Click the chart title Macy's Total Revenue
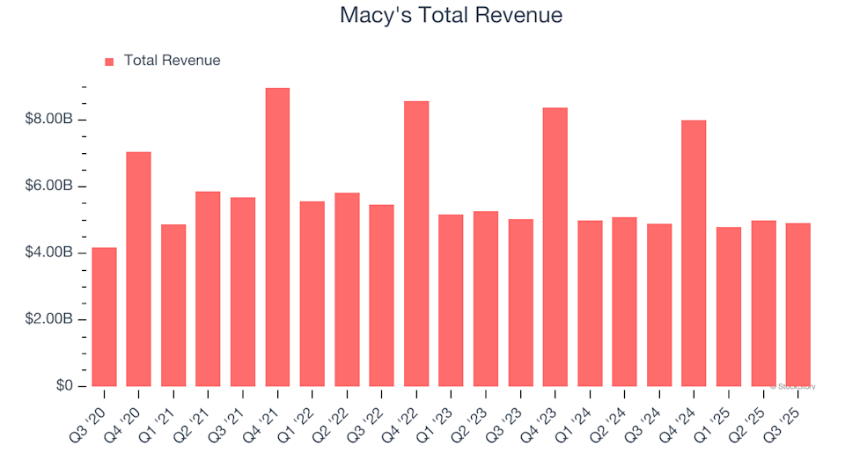coord(451,16)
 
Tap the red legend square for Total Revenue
coord(109,62)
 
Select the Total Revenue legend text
coord(172,61)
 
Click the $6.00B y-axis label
coord(55,186)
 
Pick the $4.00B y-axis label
coord(55,253)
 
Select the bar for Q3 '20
coord(104,317)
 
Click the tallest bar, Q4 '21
coord(277,237)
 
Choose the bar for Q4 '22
coord(416,244)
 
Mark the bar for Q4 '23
coord(555,247)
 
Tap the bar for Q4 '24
coord(694,253)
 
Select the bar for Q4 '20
coord(138,269)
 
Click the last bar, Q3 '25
coord(797,305)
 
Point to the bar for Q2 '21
coord(208,289)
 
